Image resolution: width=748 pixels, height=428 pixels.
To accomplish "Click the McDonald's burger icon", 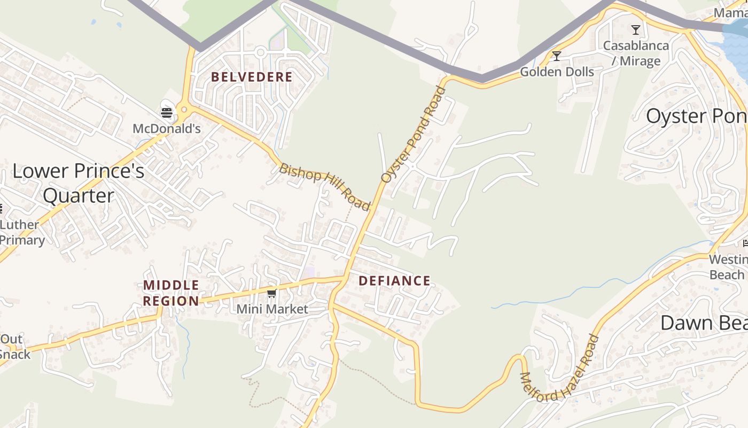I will click(167, 112).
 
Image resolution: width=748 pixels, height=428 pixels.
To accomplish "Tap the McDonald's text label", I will click(167, 128).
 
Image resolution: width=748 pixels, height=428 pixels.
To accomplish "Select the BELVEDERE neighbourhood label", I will click(252, 77).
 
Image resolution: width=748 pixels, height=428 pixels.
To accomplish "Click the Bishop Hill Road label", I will click(325, 187).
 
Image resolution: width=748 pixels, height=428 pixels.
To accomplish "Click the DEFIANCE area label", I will click(394, 281).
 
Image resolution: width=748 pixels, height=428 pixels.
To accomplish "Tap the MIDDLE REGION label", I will click(171, 293).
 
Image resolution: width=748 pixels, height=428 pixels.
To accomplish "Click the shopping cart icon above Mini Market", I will click(272, 293).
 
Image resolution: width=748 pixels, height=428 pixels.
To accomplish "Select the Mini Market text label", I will click(272, 309).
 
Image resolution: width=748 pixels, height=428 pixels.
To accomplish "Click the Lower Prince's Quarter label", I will click(78, 184).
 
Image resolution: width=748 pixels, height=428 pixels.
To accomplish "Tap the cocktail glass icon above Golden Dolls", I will click(557, 56).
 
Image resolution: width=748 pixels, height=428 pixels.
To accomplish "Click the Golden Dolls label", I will click(557, 72).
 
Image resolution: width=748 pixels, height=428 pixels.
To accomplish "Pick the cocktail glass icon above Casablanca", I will click(636, 30).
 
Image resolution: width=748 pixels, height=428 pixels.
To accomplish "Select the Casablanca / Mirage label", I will click(636, 53).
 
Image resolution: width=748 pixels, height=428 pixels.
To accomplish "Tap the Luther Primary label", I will click(21, 232).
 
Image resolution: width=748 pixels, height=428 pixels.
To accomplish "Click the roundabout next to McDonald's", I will click(184, 110).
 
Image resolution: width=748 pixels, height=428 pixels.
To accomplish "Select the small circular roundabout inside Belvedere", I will click(260, 52).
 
